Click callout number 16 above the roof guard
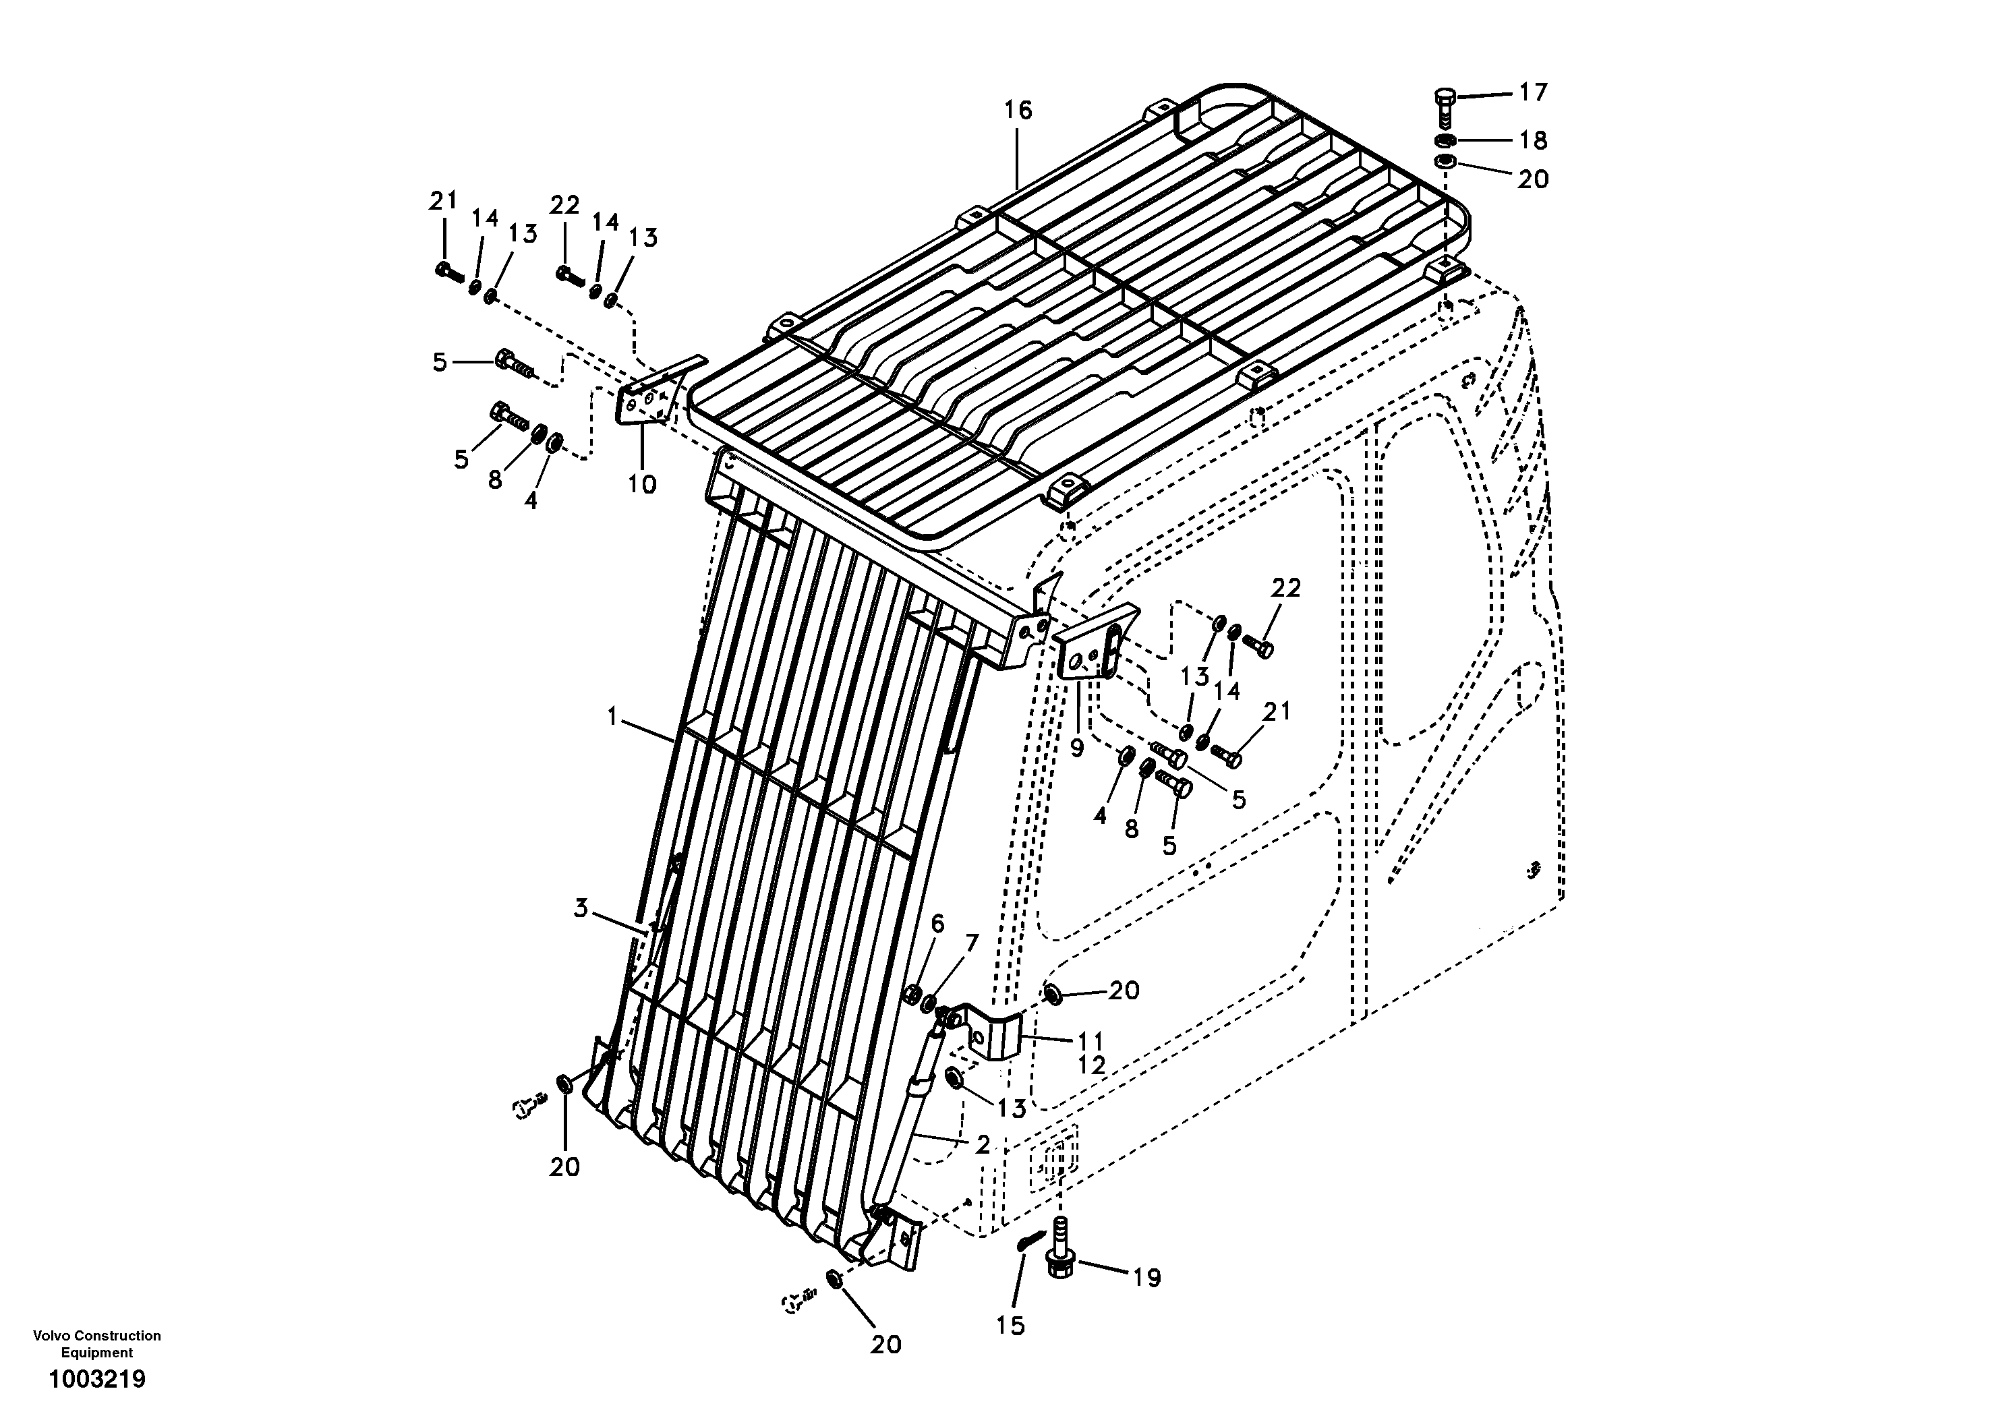pyautogui.click(x=1018, y=110)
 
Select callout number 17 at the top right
pyautogui.click(x=1532, y=92)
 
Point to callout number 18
pyautogui.click(x=1533, y=140)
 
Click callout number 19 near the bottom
pyautogui.click(x=1147, y=1278)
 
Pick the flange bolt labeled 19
pyautogui.click(x=1059, y=1259)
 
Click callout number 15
pyautogui.click(x=1010, y=1326)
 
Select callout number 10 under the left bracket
pyautogui.click(x=643, y=483)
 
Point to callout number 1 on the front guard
pyautogui.click(x=613, y=717)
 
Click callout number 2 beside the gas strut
pyautogui.click(x=983, y=1144)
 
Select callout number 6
pyautogui.click(x=937, y=923)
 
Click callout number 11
pyautogui.click(x=1091, y=1041)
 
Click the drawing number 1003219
pyautogui.click(x=97, y=1380)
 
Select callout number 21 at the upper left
pyautogui.click(x=443, y=201)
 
